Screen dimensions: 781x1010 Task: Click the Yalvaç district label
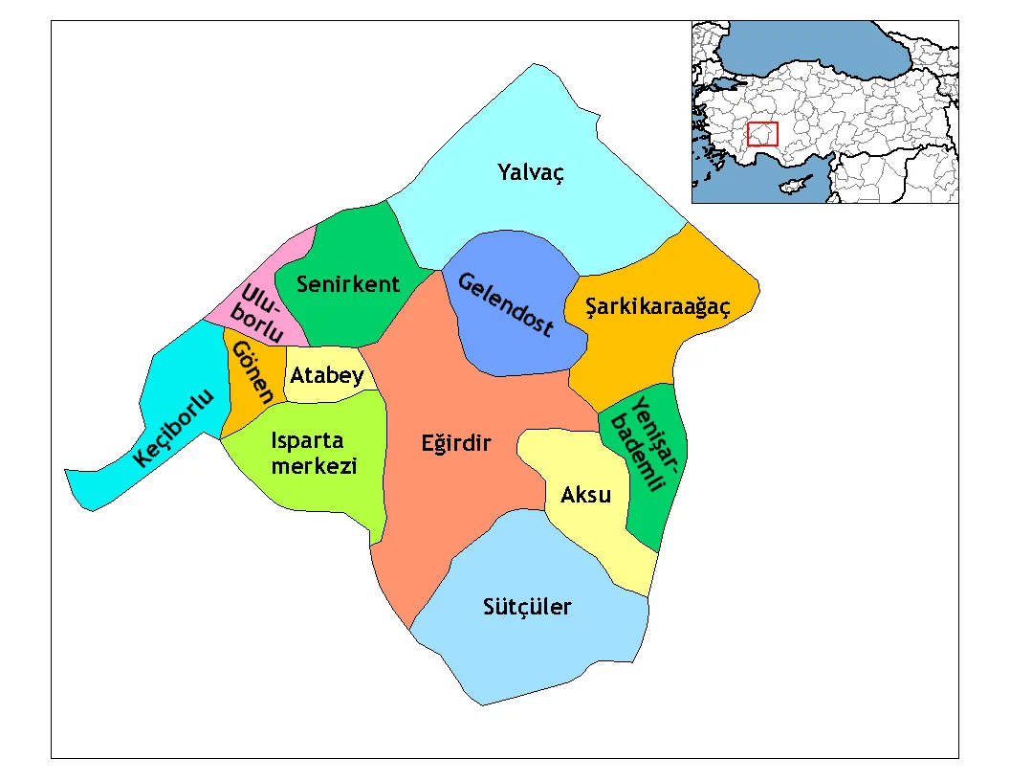[531, 173]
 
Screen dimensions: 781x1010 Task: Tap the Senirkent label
[348, 284]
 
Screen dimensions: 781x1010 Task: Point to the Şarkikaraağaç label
[648, 307]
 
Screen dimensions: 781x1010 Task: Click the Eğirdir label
[455, 443]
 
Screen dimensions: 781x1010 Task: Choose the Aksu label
[585, 494]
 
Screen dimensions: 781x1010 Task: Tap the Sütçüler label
[527, 607]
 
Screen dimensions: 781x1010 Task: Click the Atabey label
[327, 375]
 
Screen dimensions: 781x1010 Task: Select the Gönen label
[253, 372]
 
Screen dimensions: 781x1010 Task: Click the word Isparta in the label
[307, 441]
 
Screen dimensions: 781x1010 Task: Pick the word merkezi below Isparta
[314, 466]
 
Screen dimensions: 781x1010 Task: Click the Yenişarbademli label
[648, 442]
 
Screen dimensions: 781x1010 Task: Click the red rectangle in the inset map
[762, 134]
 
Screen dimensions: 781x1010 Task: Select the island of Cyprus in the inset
[793, 184]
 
